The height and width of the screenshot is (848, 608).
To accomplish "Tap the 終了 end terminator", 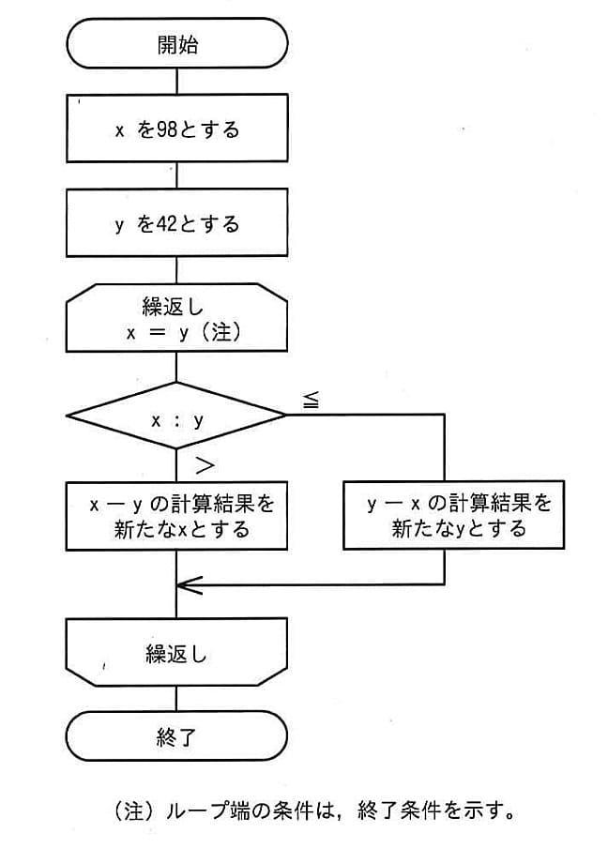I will pos(176,735).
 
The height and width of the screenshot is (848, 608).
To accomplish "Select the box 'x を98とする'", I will pos(176,129).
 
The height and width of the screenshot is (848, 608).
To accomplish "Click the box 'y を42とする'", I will pos(176,224).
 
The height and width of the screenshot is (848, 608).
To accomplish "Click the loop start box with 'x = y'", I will pos(176,319).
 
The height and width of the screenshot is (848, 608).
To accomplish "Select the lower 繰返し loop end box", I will pos(176,653).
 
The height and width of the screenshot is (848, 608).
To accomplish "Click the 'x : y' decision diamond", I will pos(176,419).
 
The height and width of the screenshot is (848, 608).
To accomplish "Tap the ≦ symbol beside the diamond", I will pos(311,400).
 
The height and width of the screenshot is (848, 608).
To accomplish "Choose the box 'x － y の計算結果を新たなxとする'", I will pos(176,516).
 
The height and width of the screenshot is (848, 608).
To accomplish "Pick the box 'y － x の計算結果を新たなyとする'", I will pos(446,516).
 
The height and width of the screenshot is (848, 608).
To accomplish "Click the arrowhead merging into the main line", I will pos(188,585).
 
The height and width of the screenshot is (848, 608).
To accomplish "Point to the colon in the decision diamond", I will pos(176,420).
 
